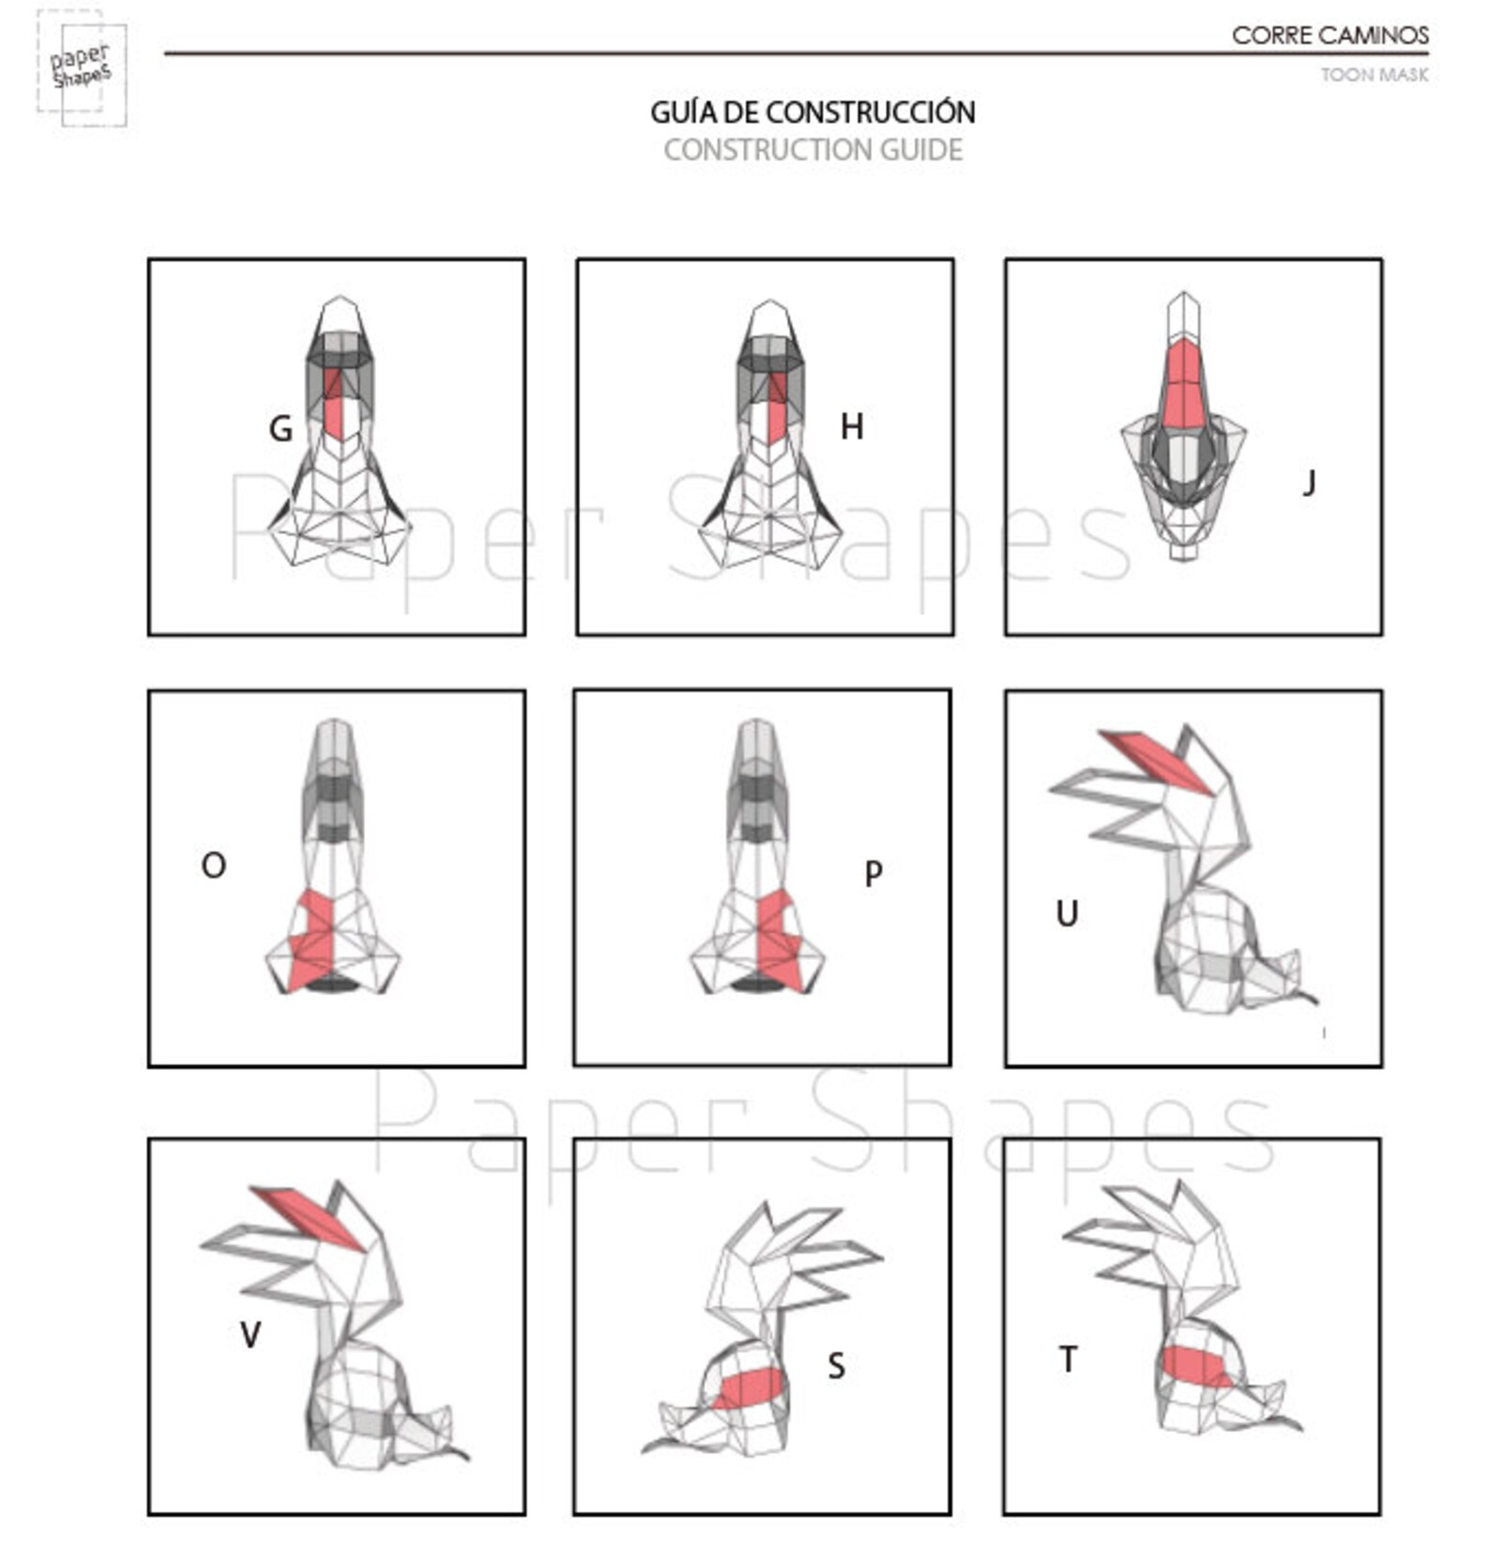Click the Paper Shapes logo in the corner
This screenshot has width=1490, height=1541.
point(82,68)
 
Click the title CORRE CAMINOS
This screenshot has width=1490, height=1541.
point(1330,36)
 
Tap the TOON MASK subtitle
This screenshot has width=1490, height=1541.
point(1375,75)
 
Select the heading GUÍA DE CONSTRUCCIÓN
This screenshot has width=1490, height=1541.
point(813,113)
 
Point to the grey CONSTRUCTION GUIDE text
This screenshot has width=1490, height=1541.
point(813,150)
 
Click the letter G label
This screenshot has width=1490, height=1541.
point(281,429)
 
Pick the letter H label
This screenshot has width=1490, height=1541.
point(851,427)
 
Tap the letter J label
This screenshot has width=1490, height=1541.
point(1310,482)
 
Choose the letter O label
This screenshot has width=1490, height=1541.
point(213,865)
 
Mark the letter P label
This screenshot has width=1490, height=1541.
point(873,873)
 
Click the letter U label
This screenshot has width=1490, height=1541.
point(1067,913)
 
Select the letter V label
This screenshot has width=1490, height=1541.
point(251,1335)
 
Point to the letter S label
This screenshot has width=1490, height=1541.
point(836,1366)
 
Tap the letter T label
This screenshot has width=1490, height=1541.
point(1068,1358)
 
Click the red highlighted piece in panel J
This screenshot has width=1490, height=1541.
point(1183,385)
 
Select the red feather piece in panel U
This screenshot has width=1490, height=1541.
point(1157,762)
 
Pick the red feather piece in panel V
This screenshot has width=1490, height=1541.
point(308,1218)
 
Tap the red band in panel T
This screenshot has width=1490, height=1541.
point(1196,1366)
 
